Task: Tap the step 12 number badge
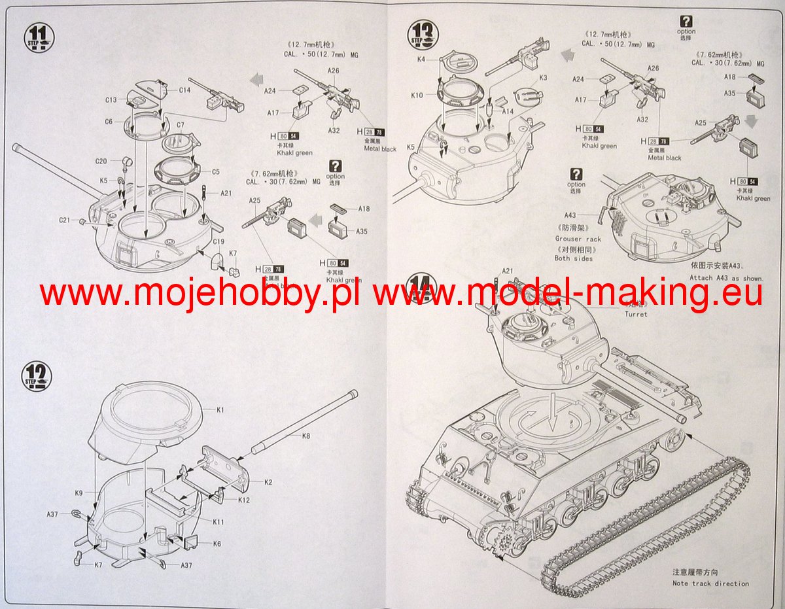point(39,377)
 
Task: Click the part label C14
point(184,90)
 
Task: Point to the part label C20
point(101,161)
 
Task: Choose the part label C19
point(218,241)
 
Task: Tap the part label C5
point(216,172)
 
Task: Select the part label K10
point(417,95)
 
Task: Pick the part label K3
point(543,78)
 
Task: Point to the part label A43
point(570,215)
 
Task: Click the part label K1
point(220,409)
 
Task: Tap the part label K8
point(307,436)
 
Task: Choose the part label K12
point(244,500)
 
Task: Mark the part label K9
point(78,493)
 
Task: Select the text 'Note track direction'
point(710,583)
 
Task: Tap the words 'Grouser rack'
point(578,239)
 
